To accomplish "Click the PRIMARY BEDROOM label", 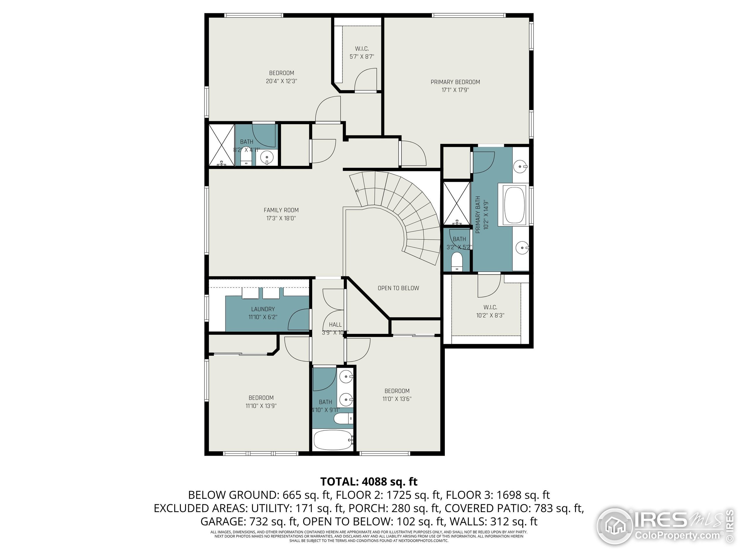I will pyautogui.click(x=455, y=82).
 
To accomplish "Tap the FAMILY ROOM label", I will pyautogui.click(x=281, y=210).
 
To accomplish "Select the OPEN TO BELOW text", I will pyautogui.click(x=398, y=288).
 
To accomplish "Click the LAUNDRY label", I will pyautogui.click(x=263, y=309).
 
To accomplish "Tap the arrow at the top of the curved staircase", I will pyautogui.click(x=357, y=191).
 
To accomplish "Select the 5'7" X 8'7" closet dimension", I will pyautogui.click(x=362, y=57).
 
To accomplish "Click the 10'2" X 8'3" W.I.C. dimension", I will pyautogui.click(x=490, y=315).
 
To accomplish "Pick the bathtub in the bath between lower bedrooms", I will pyautogui.click(x=333, y=440).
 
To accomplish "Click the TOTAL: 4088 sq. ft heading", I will pyautogui.click(x=369, y=481).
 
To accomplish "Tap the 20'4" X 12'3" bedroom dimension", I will pyautogui.click(x=281, y=81).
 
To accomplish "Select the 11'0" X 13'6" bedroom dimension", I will pyautogui.click(x=397, y=399).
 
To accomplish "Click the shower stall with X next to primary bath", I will pyautogui.click(x=456, y=203).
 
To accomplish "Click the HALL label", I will pyautogui.click(x=335, y=325).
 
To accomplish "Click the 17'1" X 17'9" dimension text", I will pyautogui.click(x=455, y=90).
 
